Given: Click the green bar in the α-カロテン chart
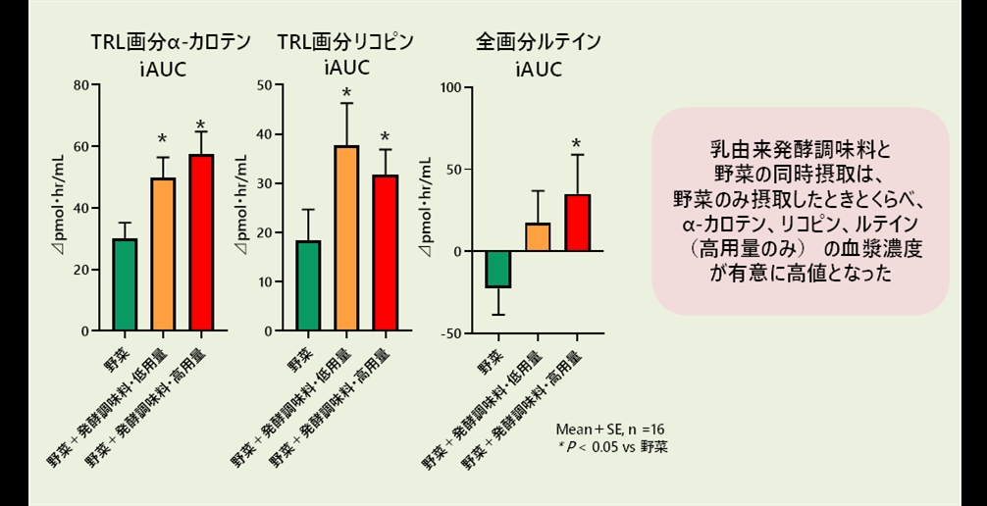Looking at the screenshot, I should tap(125, 284).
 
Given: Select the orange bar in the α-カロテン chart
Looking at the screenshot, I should tap(163, 254).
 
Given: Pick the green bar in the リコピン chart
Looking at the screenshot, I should tap(309, 285).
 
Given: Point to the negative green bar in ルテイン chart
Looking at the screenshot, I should tap(499, 269).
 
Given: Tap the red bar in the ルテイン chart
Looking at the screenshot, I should tap(577, 223).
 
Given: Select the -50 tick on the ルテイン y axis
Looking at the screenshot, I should tap(450, 333).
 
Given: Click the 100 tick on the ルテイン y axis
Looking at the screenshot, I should tap(450, 86).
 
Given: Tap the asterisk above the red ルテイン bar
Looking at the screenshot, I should tap(577, 144).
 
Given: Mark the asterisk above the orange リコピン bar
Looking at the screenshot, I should tap(346, 95).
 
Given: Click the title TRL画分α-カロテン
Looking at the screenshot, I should tap(164, 41).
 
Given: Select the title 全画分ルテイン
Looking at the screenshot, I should tap(539, 41).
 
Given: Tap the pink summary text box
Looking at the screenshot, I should tap(801, 211).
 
